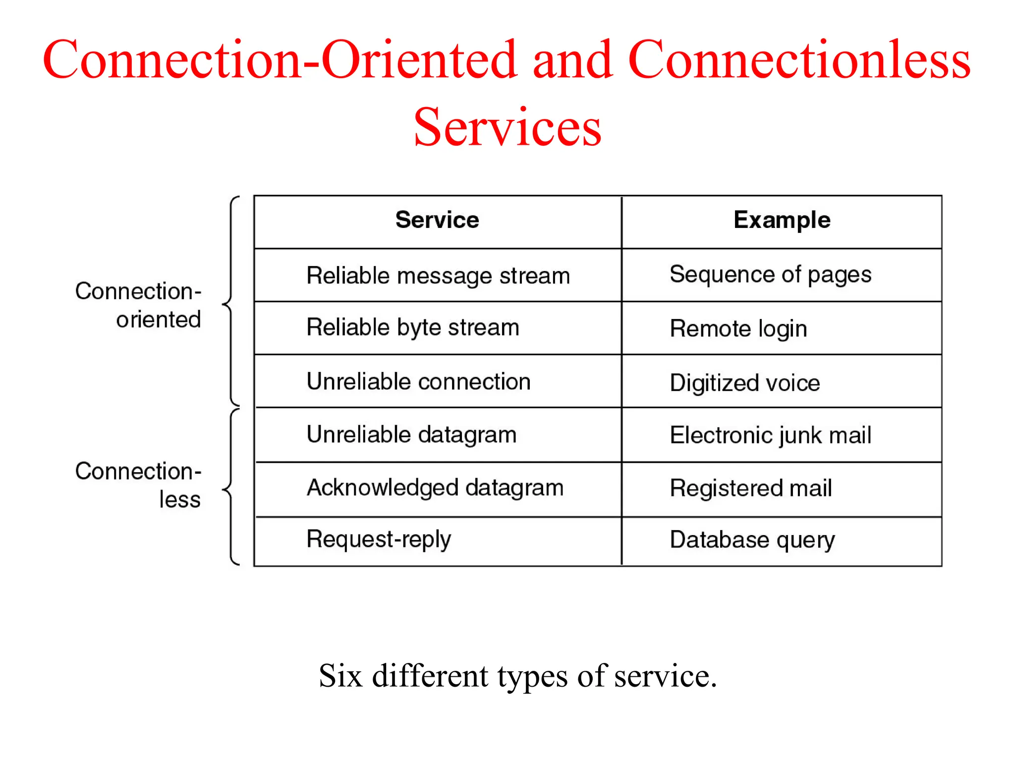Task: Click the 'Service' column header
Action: tap(437, 220)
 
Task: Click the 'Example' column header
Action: tap(782, 220)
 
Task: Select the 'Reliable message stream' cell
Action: tap(438, 276)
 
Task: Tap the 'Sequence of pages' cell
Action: tap(770, 275)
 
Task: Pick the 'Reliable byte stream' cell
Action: tap(413, 328)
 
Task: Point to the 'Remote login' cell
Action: tap(738, 329)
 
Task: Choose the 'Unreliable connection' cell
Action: tap(419, 382)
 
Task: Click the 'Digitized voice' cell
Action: tap(745, 383)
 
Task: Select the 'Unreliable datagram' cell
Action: tap(411, 435)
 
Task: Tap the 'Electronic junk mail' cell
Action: tap(770, 435)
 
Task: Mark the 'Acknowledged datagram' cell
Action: tap(435, 488)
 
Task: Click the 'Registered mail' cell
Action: tap(751, 489)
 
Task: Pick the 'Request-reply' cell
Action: tap(379, 540)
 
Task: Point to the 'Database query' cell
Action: tap(752, 540)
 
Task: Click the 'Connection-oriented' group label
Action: tap(138, 305)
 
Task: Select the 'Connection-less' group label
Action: tap(138, 485)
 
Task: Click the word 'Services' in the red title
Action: tap(507, 127)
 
